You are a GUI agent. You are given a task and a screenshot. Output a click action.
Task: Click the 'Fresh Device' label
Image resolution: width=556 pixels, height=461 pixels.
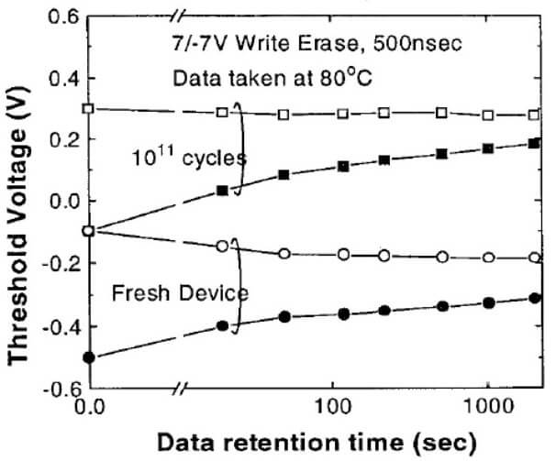point(166,293)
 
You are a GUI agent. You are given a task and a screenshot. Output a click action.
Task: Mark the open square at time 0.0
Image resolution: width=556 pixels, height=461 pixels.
point(89,109)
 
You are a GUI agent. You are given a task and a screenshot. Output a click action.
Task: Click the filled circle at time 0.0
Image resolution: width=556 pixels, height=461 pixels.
point(89,357)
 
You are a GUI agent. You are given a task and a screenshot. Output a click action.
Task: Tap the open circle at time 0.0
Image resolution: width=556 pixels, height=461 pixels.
point(89,230)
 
